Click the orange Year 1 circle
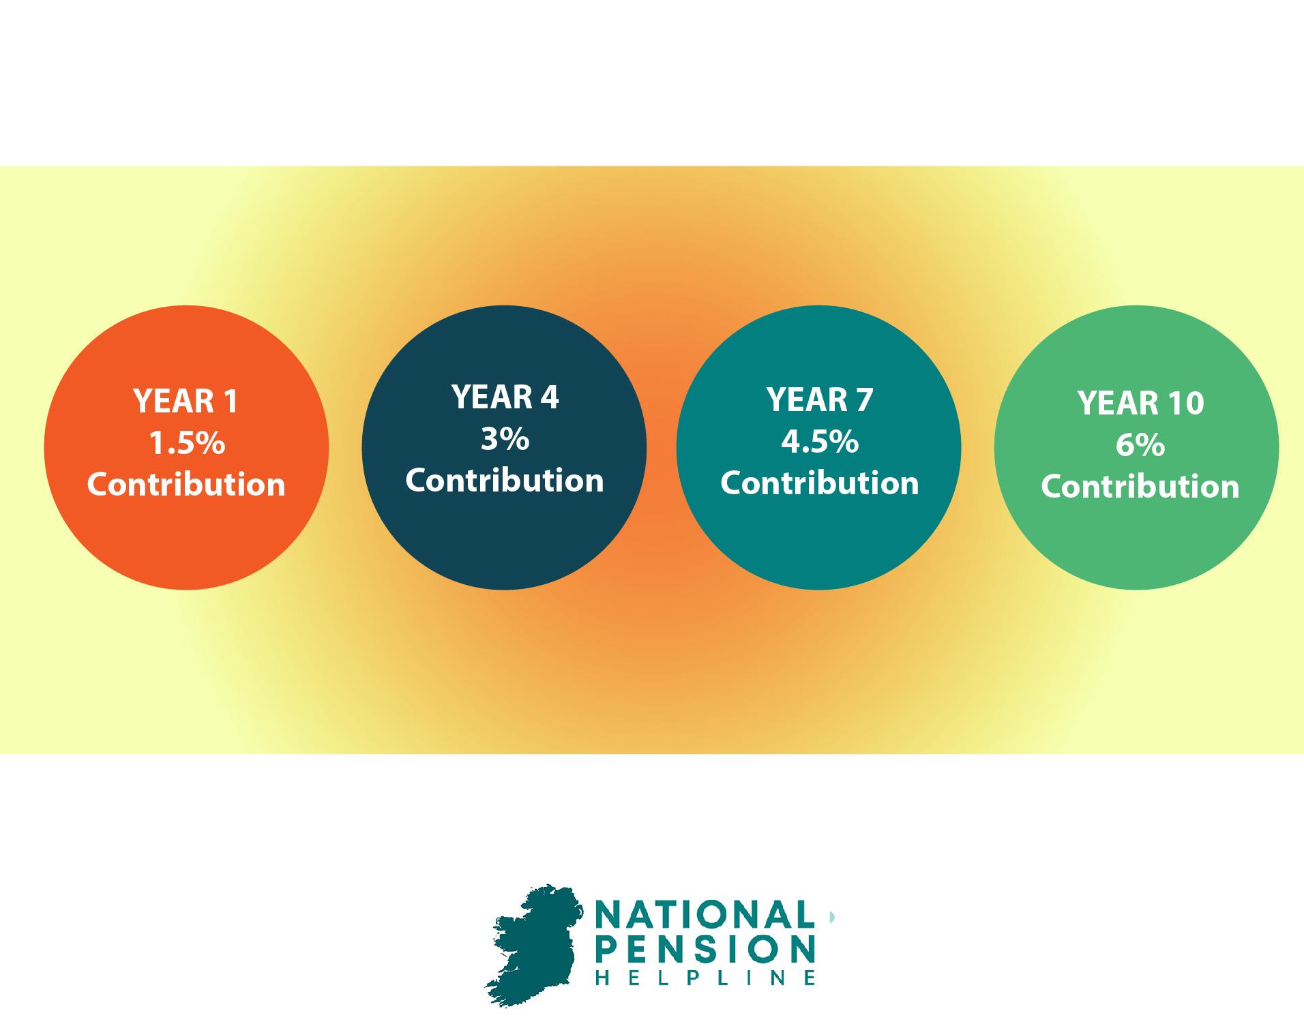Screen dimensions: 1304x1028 pos(186,447)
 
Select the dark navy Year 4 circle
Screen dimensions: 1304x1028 pos(504,447)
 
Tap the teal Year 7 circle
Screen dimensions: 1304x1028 pos(819,447)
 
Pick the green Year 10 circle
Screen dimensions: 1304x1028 pos(1136,447)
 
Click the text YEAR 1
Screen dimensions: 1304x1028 pos(186,401)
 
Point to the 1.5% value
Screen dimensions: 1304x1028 pos(187,444)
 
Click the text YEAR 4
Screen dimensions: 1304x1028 pos(505,397)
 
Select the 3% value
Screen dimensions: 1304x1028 pos(505,440)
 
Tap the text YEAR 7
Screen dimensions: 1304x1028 pos(820,399)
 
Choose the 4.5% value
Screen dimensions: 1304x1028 pos(820,442)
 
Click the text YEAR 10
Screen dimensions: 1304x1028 pos(1140,403)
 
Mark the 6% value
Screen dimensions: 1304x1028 pos(1140,446)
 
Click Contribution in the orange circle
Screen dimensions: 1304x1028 pos(186,485)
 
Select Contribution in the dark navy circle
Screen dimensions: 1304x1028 pos(505,481)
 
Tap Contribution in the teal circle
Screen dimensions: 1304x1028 pos(820,483)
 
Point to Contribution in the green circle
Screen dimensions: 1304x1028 pos(1140,487)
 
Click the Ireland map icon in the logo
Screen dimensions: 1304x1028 pos(532,944)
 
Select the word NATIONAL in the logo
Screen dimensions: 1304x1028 pos(705,915)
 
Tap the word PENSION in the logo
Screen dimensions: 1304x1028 pos(705,949)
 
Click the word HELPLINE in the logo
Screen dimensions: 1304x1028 pos(705,978)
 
